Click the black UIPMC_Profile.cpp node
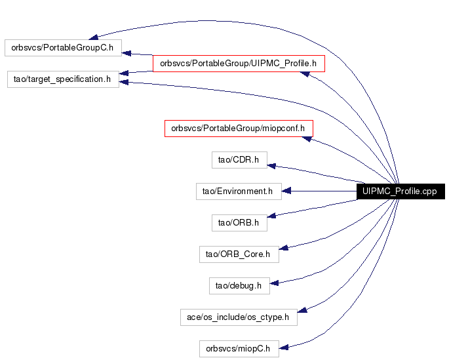[400, 191]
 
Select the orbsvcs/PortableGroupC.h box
[64, 48]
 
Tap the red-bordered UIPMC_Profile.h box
[239, 64]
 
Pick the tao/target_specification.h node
[63, 79]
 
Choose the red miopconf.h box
[239, 129]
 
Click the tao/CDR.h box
[239, 160]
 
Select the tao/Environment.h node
[239, 191]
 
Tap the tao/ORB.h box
[239, 223]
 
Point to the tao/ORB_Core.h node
[239, 254]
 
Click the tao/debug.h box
[239, 286]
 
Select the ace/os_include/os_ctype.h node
[239, 317]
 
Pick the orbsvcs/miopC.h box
[239, 349]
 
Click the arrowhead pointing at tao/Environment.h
[286, 191]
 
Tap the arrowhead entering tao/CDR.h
[271, 166]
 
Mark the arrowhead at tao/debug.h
[275, 283]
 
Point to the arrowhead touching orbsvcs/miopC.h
[283, 348]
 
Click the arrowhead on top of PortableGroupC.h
[93, 37]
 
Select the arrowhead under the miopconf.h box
[307, 139]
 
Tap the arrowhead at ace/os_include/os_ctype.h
[302, 310]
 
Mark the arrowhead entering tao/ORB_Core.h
[283, 248]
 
